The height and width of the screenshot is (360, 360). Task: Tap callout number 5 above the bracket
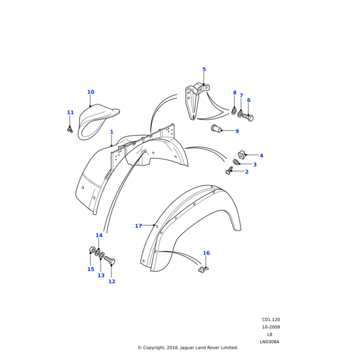pos(204,70)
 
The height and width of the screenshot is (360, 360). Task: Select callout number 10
pos(91,92)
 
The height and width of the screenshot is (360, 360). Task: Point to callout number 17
pos(138,226)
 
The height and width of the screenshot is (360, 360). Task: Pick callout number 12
pos(112,281)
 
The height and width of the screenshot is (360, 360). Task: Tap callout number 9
pos(237,131)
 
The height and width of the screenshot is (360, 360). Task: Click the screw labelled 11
pos(70,129)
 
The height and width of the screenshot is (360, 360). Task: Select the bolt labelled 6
pos(248,117)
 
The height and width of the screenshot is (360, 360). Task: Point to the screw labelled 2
pos(229,171)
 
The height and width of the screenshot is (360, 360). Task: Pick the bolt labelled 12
pos(110,260)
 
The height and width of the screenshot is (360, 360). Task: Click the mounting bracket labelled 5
pos(193,101)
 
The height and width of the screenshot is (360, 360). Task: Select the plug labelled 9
pos(217,128)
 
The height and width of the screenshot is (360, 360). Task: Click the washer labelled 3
pos(236,162)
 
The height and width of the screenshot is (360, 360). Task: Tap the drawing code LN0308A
pos(269,342)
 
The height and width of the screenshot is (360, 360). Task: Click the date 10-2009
pos(271,327)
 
